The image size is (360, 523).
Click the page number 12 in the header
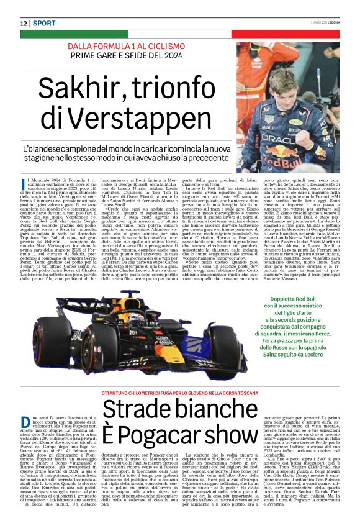(x=24, y=24)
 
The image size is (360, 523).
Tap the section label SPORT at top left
(x=45, y=24)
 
